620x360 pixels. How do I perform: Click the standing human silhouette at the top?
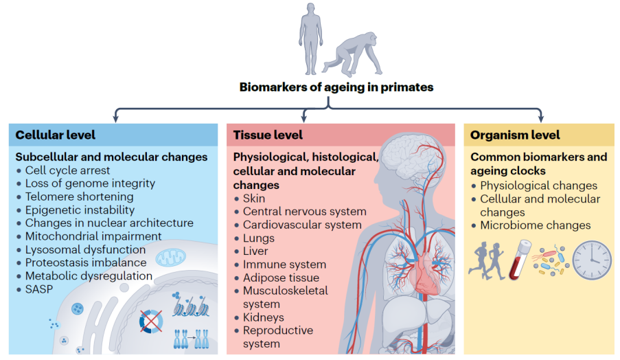(x=310, y=38)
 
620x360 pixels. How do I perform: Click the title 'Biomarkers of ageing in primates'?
(x=336, y=87)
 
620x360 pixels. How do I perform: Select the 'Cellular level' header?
(x=56, y=135)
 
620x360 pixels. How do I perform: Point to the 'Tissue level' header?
(x=268, y=135)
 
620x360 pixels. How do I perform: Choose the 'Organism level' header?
(x=515, y=135)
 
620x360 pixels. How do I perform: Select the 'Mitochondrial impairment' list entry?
(x=93, y=236)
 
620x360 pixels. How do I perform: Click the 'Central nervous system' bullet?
(x=304, y=212)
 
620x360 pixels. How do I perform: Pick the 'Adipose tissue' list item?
(x=281, y=278)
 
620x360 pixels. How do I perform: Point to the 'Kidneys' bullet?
(x=263, y=317)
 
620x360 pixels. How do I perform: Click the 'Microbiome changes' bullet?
(x=535, y=225)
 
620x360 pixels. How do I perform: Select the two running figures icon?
(x=489, y=260)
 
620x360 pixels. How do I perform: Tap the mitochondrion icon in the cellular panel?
(x=170, y=259)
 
